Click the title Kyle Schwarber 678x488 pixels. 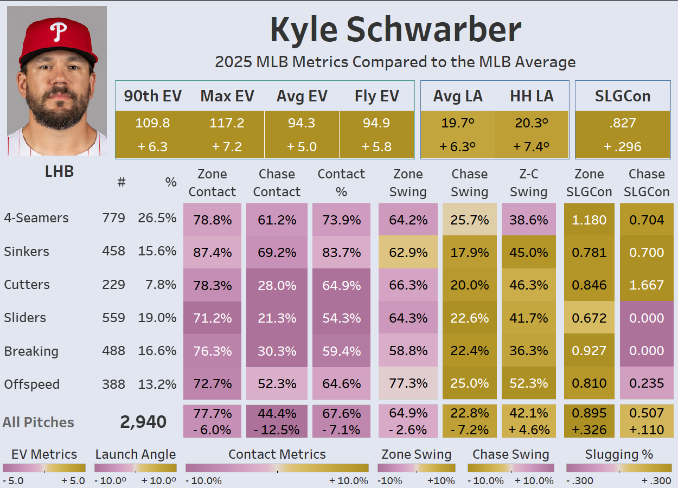click(x=395, y=30)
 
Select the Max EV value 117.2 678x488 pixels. click(x=227, y=123)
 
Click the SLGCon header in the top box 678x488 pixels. click(x=622, y=96)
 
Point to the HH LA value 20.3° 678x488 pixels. click(x=532, y=123)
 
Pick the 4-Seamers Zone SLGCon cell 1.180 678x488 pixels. click(x=590, y=220)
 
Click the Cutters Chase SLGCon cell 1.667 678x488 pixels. click(x=647, y=285)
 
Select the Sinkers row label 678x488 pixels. click(x=27, y=252)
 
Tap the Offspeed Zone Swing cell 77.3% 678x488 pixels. click(x=408, y=384)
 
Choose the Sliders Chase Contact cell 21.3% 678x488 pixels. click(x=277, y=318)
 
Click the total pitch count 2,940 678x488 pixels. click(x=143, y=422)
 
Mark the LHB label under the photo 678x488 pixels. click(x=59, y=172)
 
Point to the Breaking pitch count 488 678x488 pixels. click(x=113, y=351)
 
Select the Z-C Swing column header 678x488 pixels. click(x=528, y=183)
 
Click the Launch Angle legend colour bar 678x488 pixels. click(x=136, y=468)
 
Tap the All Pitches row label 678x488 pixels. click(x=38, y=422)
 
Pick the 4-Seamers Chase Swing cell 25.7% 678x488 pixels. click(x=470, y=220)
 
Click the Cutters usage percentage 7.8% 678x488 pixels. click(x=162, y=285)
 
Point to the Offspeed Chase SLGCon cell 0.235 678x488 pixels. click(x=647, y=384)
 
